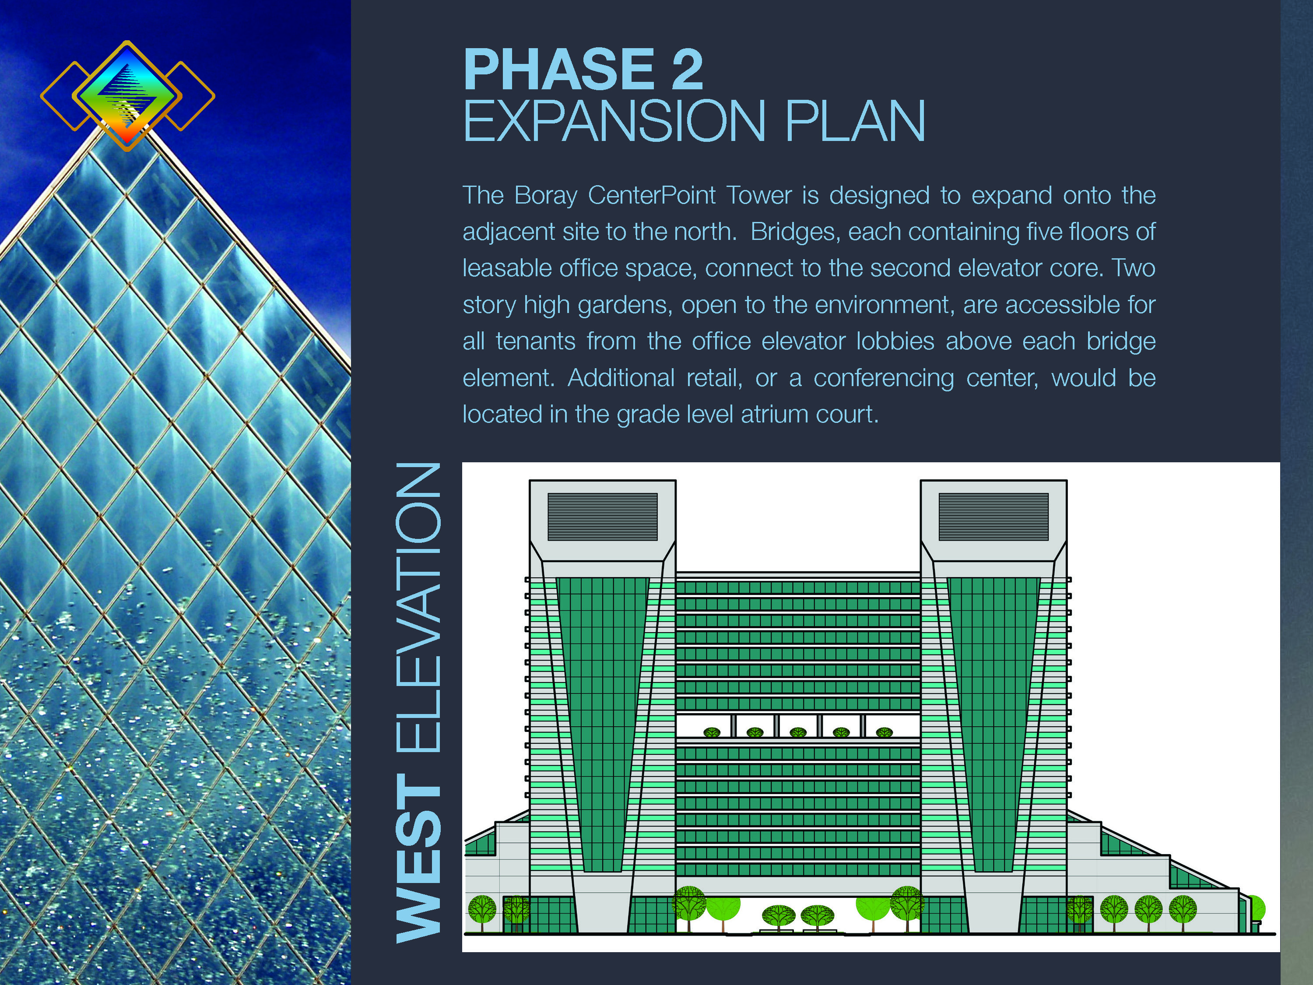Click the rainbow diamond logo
127,95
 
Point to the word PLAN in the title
855,121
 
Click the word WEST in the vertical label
418,857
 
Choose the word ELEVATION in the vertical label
418,607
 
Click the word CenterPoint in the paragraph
651,195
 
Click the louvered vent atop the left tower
603,517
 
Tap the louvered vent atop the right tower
994,517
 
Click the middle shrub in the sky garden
798,732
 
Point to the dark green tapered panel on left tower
603,725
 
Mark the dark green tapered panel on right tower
994,725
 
